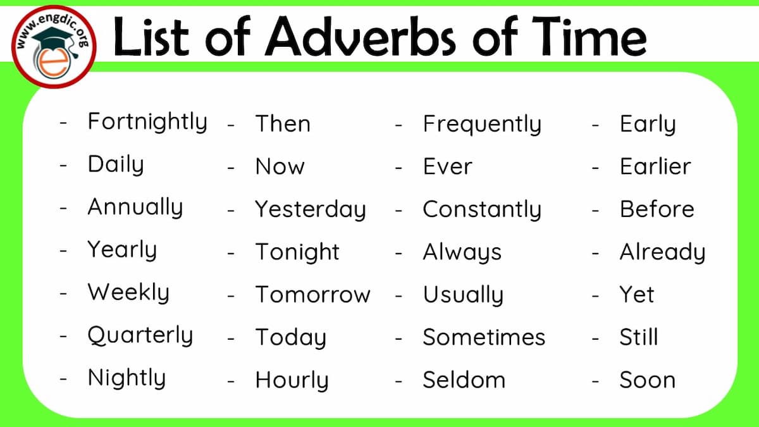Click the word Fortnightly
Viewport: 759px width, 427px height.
(147, 122)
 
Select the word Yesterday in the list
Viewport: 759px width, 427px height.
(311, 210)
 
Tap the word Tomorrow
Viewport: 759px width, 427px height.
(312, 294)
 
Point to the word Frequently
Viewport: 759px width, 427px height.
(482, 125)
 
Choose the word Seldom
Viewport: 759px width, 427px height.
(464, 380)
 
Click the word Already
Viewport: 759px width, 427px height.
(662, 252)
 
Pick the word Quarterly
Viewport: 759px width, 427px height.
(140, 335)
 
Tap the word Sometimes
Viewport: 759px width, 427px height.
(484, 337)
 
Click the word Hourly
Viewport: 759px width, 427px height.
(292, 380)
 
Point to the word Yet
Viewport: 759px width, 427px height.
(637, 294)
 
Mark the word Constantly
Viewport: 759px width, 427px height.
(482, 210)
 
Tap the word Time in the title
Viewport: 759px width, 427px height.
(589, 35)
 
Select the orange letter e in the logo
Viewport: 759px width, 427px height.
(54, 63)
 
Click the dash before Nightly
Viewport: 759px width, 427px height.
(63, 378)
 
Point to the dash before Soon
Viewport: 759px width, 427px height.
(595, 381)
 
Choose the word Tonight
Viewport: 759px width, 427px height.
(297, 252)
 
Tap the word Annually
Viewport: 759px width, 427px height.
(135, 207)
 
